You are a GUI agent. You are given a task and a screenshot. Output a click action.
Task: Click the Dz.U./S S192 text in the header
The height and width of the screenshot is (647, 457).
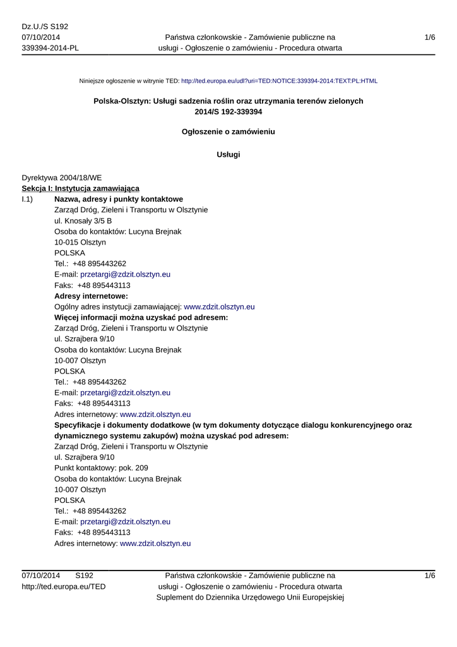(x=45, y=27)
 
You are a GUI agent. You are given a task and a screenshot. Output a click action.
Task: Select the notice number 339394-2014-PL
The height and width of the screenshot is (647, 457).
(x=50, y=48)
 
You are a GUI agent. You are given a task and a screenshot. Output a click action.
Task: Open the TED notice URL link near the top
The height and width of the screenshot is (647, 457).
(x=279, y=82)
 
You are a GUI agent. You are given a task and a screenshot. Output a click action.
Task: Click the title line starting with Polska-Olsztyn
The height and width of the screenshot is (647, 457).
(x=228, y=101)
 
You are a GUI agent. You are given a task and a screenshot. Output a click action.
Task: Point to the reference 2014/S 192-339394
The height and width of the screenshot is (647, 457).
(x=228, y=112)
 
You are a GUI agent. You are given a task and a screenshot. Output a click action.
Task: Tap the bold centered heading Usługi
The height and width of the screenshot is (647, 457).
(x=228, y=155)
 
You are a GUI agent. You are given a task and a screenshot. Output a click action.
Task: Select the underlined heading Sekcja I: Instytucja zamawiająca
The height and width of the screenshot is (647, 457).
(x=80, y=189)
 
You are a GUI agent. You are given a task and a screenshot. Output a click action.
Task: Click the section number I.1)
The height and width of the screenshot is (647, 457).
(x=28, y=200)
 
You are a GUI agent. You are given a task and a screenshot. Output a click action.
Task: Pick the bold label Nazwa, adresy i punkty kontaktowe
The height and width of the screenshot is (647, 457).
(x=119, y=200)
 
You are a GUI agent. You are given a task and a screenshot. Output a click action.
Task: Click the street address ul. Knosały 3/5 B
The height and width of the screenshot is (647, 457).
(x=83, y=221)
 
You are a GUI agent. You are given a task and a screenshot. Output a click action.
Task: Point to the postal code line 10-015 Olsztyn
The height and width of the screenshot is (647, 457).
(x=80, y=243)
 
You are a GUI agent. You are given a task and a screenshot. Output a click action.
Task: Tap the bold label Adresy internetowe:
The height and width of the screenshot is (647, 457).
(x=92, y=296)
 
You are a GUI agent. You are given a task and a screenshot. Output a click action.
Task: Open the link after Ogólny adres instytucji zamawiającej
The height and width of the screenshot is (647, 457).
(x=219, y=307)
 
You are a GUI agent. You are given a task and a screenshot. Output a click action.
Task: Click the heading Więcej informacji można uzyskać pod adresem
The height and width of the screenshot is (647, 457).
(x=141, y=318)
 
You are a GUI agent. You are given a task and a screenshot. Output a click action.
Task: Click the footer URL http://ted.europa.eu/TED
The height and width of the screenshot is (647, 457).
(x=64, y=587)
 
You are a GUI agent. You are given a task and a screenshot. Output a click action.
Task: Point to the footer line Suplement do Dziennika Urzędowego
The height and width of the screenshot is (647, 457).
(x=250, y=598)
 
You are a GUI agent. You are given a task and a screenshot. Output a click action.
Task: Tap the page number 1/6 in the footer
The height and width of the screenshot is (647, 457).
(x=430, y=576)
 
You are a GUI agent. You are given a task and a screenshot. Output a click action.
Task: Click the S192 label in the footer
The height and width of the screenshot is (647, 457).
(x=84, y=576)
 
